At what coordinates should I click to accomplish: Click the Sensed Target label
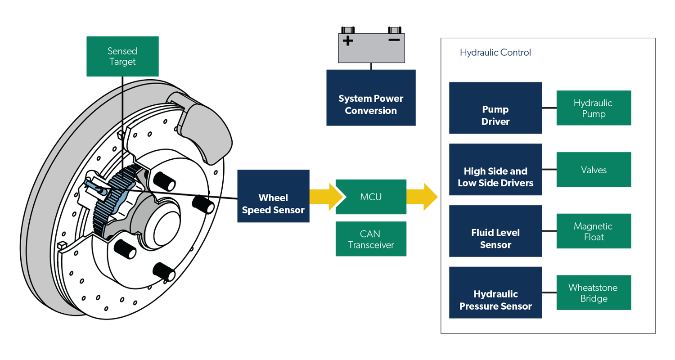click(x=122, y=56)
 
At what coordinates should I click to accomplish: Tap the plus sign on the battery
click(x=348, y=41)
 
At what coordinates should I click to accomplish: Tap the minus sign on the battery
click(x=394, y=40)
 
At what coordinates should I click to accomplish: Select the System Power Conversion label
click(x=371, y=104)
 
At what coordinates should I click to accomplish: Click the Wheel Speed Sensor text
click(x=273, y=204)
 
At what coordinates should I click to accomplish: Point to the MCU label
click(x=371, y=197)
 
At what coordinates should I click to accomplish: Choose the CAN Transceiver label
click(x=371, y=239)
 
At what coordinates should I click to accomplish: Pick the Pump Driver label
click(x=495, y=116)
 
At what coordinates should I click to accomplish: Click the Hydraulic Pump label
click(x=593, y=108)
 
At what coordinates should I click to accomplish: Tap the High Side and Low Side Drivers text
click(x=495, y=177)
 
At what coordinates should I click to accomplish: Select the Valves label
click(x=593, y=170)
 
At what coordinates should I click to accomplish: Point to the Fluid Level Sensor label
click(x=495, y=239)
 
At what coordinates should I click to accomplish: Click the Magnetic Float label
click(x=593, y=231)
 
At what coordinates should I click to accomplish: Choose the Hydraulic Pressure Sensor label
click(x=495, y=300)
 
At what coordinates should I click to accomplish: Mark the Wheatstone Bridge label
click(x=593, y=293)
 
